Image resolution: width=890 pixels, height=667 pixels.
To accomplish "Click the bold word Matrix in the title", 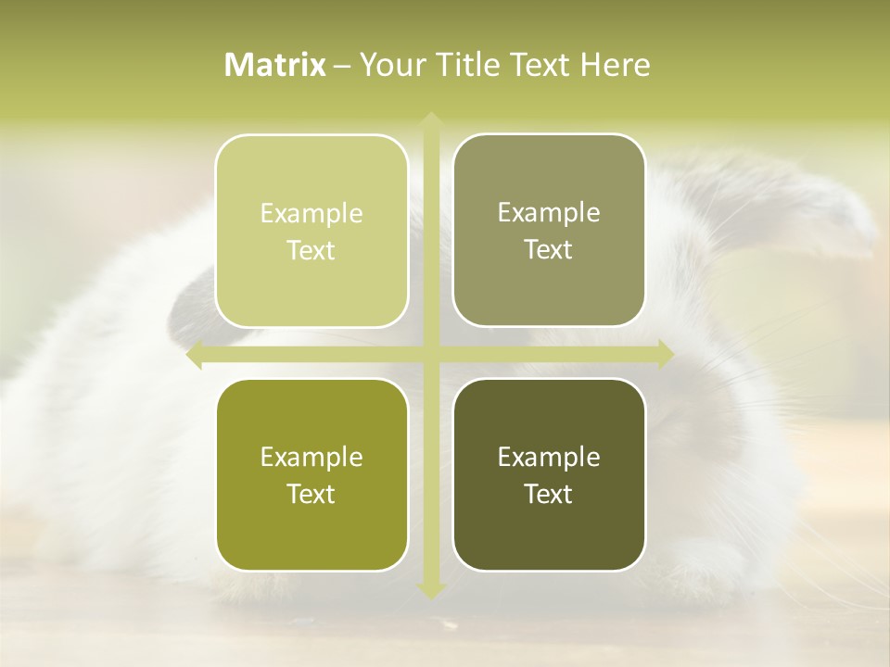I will (x=275, y=65).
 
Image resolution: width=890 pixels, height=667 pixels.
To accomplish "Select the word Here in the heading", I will (x=616, y=65).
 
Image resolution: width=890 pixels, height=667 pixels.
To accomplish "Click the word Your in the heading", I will (x=389, y=65).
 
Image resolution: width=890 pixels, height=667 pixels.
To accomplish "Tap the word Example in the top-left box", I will (x=311, y=214).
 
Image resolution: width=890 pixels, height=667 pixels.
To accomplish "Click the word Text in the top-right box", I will (x=549, y=250).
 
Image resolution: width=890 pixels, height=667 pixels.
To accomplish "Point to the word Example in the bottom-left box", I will (x=311, y=458).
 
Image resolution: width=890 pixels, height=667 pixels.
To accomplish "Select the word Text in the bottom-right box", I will (x=549, y=495).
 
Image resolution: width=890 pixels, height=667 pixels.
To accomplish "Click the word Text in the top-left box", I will (x=311, y=251).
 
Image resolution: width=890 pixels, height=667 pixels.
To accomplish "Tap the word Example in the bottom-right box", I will (x=549, y=458).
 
